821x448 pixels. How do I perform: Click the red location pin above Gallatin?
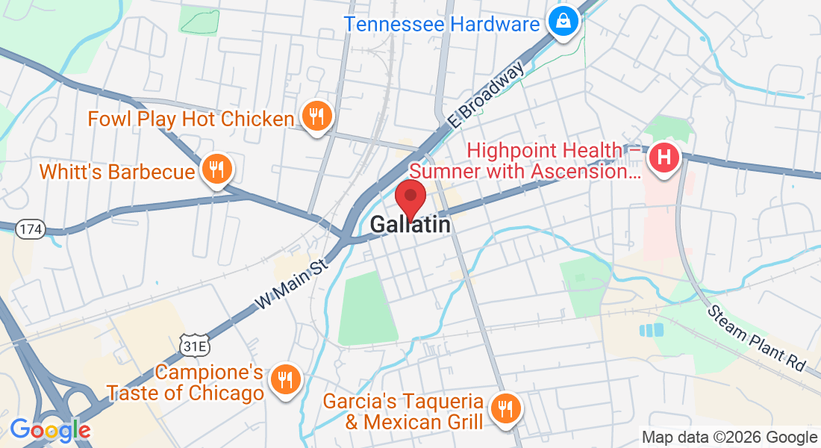410,197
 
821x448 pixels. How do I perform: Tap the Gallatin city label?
410,224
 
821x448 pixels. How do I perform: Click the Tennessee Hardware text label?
442,24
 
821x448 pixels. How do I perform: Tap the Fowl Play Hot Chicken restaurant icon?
317,117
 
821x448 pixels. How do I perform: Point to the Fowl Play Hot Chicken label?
191,119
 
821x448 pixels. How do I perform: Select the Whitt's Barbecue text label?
117,172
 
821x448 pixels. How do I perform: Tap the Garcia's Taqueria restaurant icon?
505,408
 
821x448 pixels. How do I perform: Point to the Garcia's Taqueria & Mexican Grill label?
403,411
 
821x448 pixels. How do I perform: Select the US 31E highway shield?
191,344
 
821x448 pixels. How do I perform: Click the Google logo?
50,430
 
